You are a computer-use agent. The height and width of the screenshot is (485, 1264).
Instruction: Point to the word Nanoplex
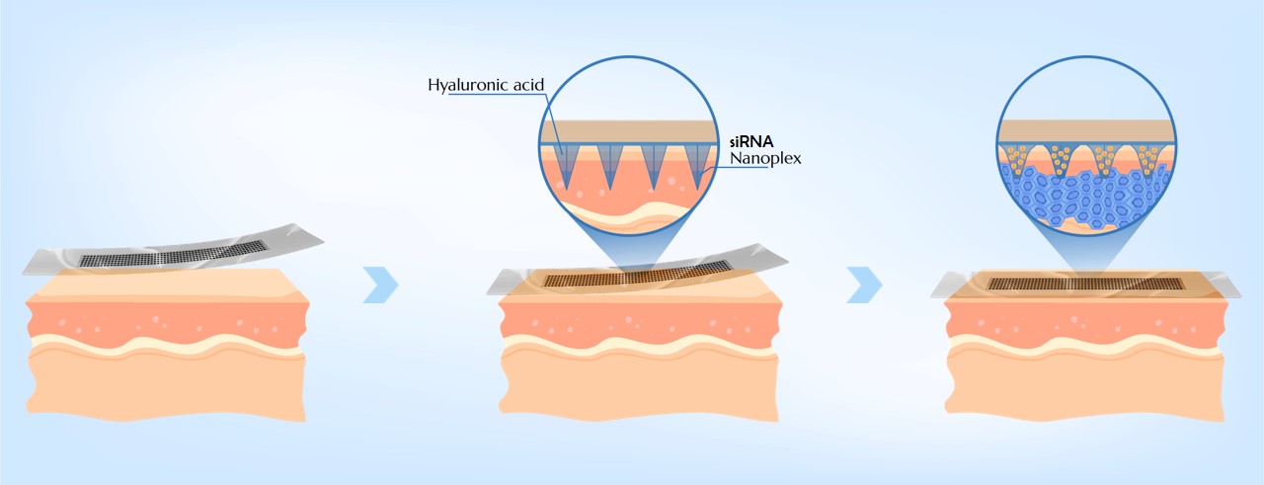pyautogui.click(x=764, y=157)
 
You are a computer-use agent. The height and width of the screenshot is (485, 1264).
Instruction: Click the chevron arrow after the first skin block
pyautogui.click(x=381, y=283)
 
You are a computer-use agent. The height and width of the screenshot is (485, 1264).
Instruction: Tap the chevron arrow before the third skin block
pyautogui.click(x=865, y=283)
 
